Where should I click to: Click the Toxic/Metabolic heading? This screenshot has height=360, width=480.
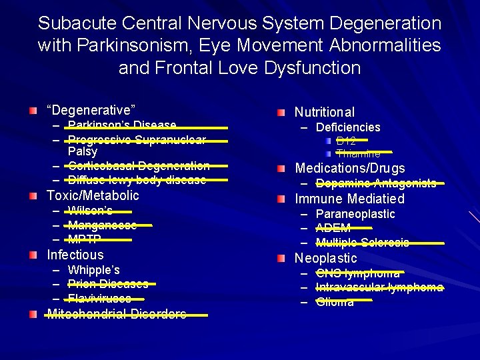click(x=93, y=195)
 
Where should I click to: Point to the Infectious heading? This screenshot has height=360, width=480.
click(x=75, y=255)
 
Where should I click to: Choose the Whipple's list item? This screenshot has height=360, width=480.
click(x=93, y=270)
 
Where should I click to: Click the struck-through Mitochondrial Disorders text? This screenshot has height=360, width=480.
click(x=117, y=314)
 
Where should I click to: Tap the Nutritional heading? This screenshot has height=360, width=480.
click(x=325, y=112)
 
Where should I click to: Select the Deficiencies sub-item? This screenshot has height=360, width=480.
click(x=347, y=127)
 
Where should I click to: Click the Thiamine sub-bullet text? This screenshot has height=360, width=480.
click(x=358, y=154)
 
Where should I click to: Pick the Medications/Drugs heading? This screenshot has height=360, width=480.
click(x=350, y=168)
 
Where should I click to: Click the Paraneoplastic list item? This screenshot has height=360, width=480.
click(x=355, y=214)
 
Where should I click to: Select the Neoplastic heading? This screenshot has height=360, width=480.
click(x=326, y=258)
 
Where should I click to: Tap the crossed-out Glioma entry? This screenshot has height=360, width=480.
click(x=335, y=302)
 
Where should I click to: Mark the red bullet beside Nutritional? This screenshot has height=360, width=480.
click(x=283, y=112)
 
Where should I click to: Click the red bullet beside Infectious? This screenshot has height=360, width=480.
click(x=34, y=255)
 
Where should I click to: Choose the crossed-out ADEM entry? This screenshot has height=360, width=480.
click(x=333, y=229)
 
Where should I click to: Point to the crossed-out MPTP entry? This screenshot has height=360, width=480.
click(x=84, y=240)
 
